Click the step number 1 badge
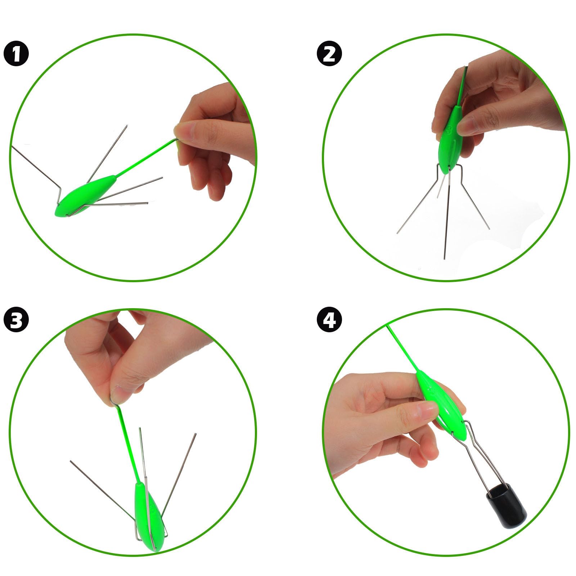pos(16,54)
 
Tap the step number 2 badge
pos(329,54)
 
